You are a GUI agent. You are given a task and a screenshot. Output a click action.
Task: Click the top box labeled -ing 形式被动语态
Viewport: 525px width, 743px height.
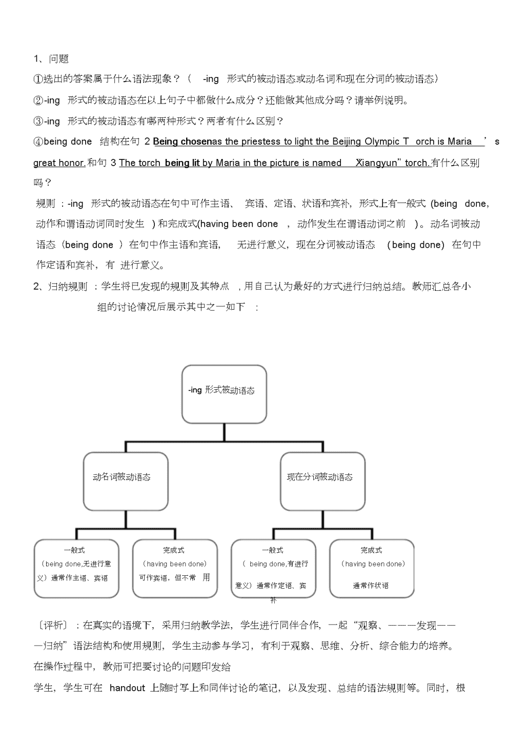pos(224,394)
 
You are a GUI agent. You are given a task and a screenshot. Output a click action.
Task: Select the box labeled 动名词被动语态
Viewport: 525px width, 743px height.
pos(126,481)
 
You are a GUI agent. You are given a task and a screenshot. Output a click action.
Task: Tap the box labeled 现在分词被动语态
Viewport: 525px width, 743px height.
pos(322,481)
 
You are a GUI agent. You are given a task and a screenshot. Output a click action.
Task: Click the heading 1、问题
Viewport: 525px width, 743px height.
pos(51,59)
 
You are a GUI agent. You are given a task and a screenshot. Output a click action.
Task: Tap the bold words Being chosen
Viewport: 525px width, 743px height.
pos(183,142)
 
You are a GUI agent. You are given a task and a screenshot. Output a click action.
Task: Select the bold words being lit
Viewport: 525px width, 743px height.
pos(182,163)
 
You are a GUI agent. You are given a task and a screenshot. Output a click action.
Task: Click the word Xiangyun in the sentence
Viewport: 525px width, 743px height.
pos(376,163)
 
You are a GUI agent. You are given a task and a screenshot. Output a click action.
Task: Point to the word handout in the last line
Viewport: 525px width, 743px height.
pos(127,688)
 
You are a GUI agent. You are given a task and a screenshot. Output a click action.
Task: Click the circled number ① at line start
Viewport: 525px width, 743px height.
pos(38,79)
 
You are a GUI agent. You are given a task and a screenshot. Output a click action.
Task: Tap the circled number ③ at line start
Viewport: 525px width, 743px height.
pos(38,122)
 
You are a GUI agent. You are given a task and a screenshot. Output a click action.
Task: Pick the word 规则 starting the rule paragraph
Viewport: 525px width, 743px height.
pos(46,204)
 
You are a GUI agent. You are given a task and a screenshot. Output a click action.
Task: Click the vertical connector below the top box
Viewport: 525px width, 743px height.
pos(224,433)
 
